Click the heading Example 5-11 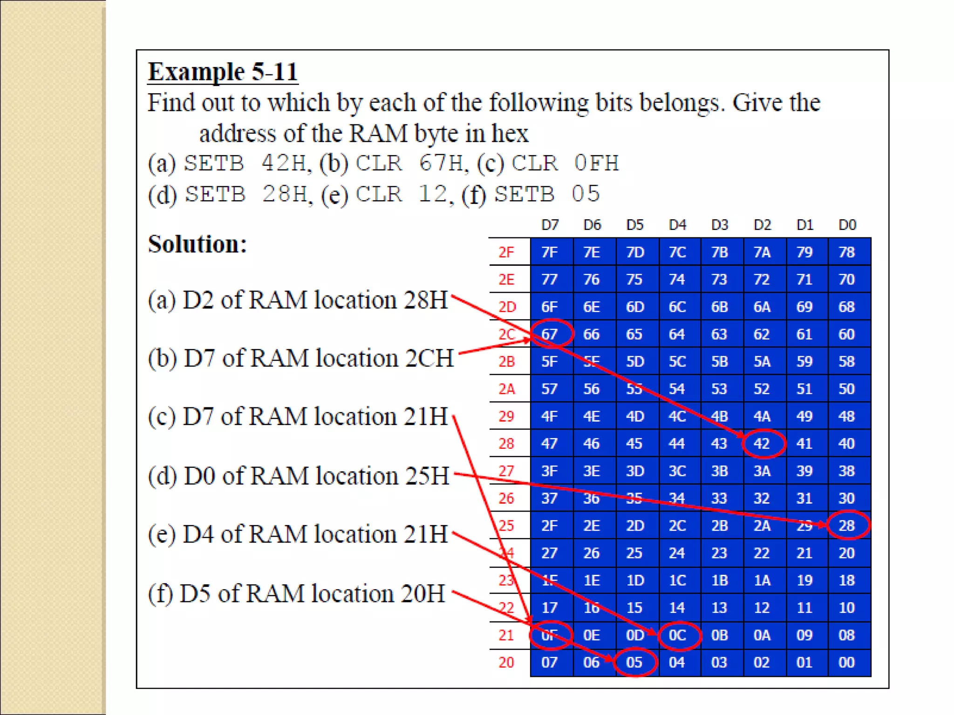(223, 72)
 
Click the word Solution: (197, 244)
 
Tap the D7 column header (550, 225)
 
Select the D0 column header (847, 225)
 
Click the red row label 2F (506, 252)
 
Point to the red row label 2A (506, 389)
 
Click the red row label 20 (506, 662)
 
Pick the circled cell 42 (762, 444)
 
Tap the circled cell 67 (550, 334)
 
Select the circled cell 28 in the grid (847, 526)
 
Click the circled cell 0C (677, 635)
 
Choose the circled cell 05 (634, 662)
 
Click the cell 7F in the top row (550, 252)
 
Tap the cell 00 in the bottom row (847, 662)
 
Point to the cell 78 (847, 252)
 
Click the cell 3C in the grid (677, 471)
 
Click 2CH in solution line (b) (429, 358)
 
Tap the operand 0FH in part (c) (596, 163)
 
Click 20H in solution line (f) (422, 594)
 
